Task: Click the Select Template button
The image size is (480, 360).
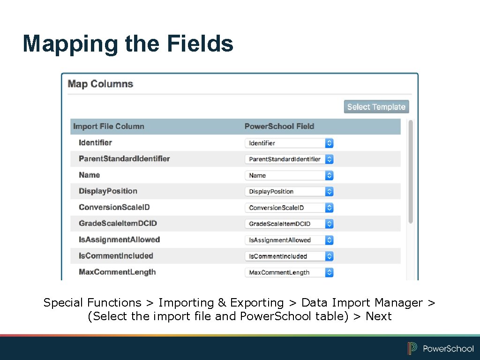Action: [x=376, y=107]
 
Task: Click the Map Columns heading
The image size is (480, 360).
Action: [x=100, y=84]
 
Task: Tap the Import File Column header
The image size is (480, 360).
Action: [x=109, y=127]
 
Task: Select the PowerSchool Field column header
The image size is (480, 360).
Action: [x=279, y=127]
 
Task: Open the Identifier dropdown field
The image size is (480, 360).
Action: [x=289, y=143]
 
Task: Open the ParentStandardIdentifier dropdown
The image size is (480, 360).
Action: [x=289, y=159]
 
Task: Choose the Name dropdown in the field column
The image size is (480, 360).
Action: [x=289, y=175]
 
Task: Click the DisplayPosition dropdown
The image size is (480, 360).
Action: [x=289, y=191]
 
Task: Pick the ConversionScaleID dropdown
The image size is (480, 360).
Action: [x=289, y=208]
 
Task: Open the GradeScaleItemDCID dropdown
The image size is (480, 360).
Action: [x=289, y=224]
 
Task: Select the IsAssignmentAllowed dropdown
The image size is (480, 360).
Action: [x=289, y=240]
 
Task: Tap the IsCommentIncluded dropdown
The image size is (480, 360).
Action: [x=289, y=256]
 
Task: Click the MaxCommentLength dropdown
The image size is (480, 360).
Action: [x=289, y=272]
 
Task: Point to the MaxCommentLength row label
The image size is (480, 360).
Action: [x=117, y=272]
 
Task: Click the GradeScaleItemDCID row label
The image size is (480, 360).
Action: [x=118, y=224]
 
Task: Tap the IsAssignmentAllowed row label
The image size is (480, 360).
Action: [x=120, y=240]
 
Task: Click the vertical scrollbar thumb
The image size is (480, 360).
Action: [x=411, y=171]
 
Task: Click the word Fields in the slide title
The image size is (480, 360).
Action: [x=200, y=44]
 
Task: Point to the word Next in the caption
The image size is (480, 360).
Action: [x=378, y=316]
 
